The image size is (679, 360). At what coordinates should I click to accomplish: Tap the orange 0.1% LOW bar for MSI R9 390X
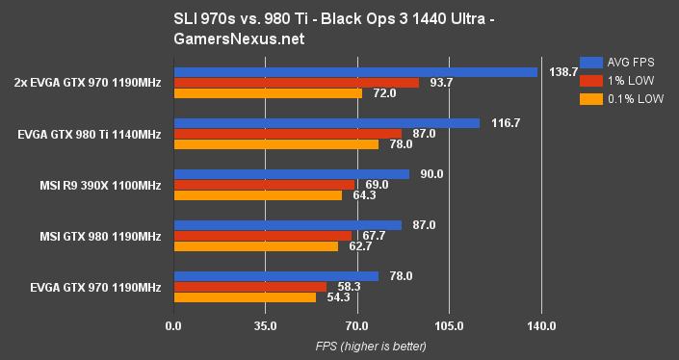pos(257,195)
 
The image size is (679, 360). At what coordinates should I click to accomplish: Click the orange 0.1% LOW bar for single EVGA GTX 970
pos(245,297)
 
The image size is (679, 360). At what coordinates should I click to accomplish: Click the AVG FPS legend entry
pos(615,59)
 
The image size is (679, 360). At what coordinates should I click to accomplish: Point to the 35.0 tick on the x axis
pos(265,325)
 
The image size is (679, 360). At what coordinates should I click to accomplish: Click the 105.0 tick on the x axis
pos(449,325)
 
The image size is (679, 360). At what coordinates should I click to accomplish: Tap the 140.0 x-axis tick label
pos(541,325)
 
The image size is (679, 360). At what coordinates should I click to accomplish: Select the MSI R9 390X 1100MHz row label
pos(99,185)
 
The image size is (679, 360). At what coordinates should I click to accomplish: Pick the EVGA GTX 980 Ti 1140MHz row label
pos(90,134)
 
